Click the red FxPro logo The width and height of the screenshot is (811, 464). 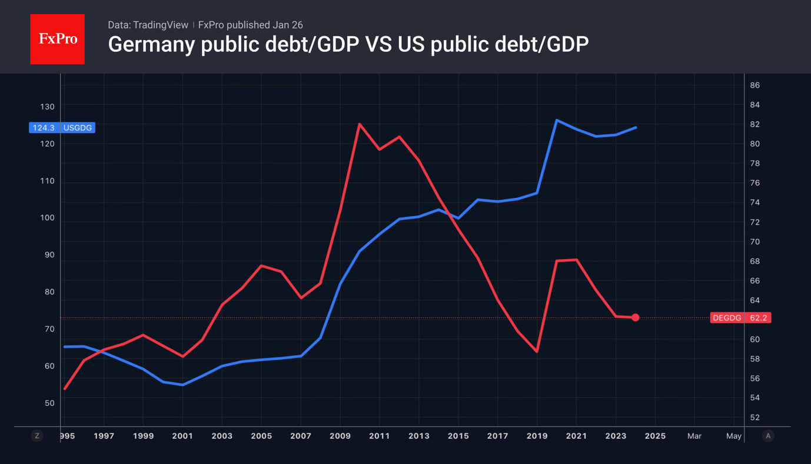(57, 39)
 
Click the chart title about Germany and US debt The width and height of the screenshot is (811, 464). (348, 44)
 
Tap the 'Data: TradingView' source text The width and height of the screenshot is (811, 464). (148, 25)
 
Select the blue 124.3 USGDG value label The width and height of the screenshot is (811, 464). (62, 128)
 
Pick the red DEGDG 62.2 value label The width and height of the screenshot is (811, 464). (740, 317)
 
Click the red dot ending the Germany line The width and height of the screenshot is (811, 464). (635, 317)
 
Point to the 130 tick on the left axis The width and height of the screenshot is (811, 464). (47, 107)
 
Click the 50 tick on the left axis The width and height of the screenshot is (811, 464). (49, 403)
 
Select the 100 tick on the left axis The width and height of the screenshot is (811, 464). (47, 218)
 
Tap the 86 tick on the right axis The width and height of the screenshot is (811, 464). (755, 85)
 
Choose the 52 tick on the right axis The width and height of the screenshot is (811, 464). (755, 417)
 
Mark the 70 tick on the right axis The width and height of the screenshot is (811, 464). (755, 241)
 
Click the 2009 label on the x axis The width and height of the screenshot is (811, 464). (340, 436)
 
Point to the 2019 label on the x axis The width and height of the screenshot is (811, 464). (537, 436)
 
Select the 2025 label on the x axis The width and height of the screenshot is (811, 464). (655, 436)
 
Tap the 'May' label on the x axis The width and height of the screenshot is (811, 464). (733, 436)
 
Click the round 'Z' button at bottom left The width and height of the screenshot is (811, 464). (37, 436)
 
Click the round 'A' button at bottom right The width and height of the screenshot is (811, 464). (767, 436)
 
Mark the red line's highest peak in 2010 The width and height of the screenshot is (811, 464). (359, 124)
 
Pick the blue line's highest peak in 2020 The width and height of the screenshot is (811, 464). (557, 120)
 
